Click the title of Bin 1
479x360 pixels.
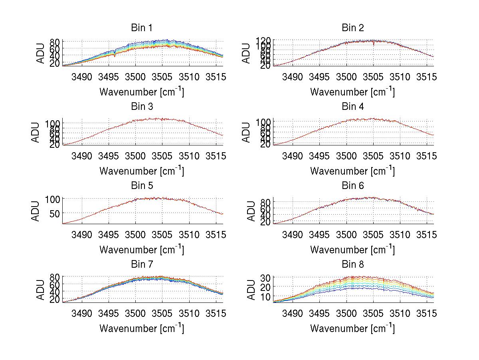point(141,28)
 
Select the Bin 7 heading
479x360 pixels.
point(141,264)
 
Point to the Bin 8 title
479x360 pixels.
point(353,264)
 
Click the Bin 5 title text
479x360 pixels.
point(141,185)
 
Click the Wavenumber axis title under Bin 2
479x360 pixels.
point(352,92)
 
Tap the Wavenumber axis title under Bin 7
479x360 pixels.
point(142,328)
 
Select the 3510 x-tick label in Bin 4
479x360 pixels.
point(400,155)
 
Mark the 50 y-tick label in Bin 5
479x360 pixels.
point(54,213)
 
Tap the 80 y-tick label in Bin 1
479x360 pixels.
point(55,42)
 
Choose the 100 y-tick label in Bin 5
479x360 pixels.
point(52,199)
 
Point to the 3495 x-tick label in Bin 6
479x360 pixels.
point(319,235)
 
